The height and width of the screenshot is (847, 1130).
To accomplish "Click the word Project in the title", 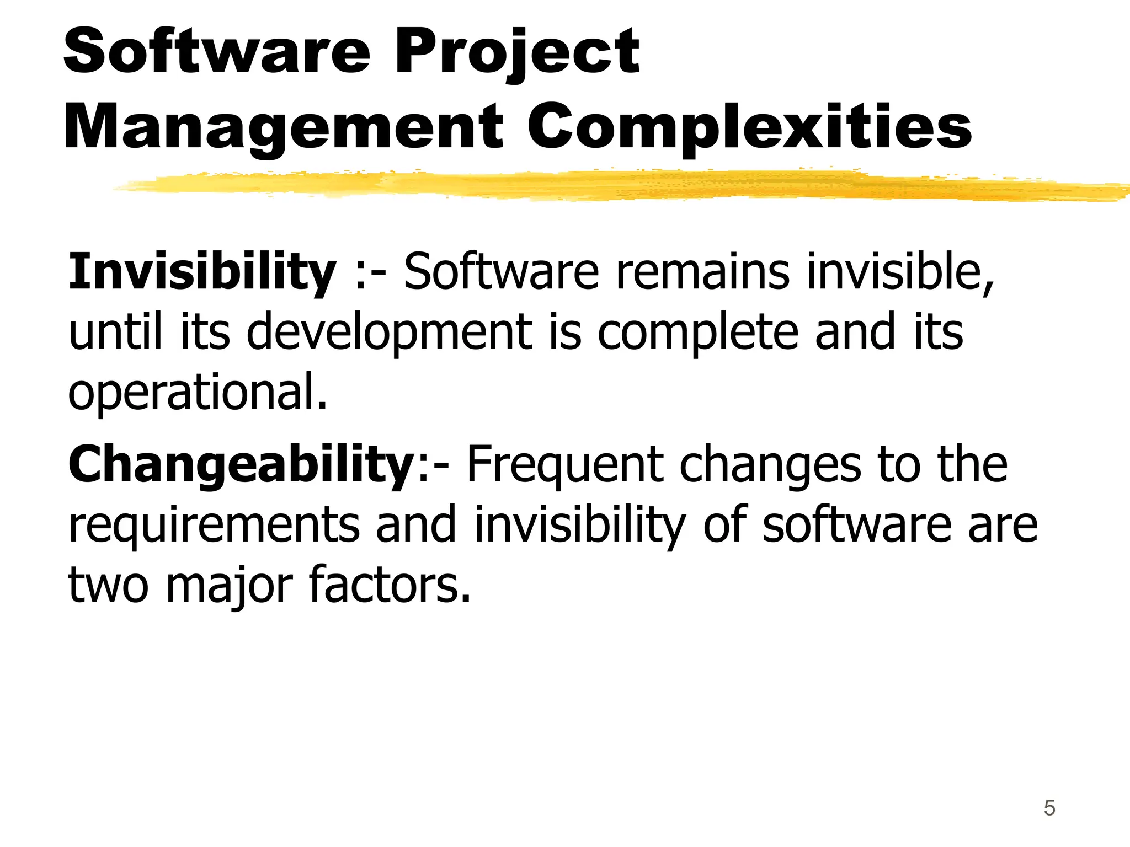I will coord(516,52).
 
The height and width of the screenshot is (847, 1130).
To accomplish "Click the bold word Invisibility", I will coord(202,271).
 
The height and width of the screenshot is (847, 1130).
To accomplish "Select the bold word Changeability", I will coord(241,464).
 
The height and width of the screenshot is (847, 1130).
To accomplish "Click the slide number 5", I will coord(1049,808).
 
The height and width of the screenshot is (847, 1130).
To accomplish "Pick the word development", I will coord(390,332).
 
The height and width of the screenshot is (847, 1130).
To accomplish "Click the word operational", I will coord(198,392).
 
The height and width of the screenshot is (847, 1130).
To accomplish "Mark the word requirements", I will coord(214,525).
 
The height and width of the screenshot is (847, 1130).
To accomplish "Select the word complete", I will coord(698,332).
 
